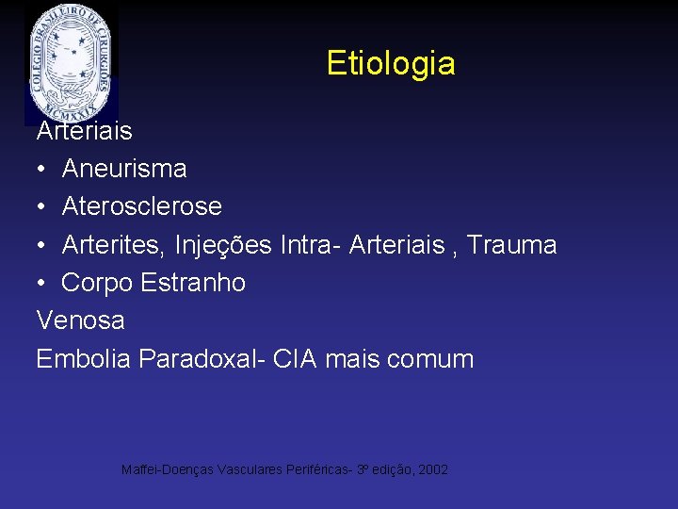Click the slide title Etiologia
pyautogui.click(x=391, y=63)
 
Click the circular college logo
pyautogui.click(x=72, y=61)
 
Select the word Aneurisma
pyautogui.click(x=124, y=169)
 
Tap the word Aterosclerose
pyautogui.click(x=142, y=206)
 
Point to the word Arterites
pyautogui.click(x=107, y=245)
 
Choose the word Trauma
pyautogui.click(x=512, y=245)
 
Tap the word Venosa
pyautogui.click(x=80, y=320)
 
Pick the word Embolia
pyautogui.click(x=83, y=359)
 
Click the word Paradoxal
pyautogui.click(x=202, y=359)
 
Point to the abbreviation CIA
pyautogui.click(x=296, y=359)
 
